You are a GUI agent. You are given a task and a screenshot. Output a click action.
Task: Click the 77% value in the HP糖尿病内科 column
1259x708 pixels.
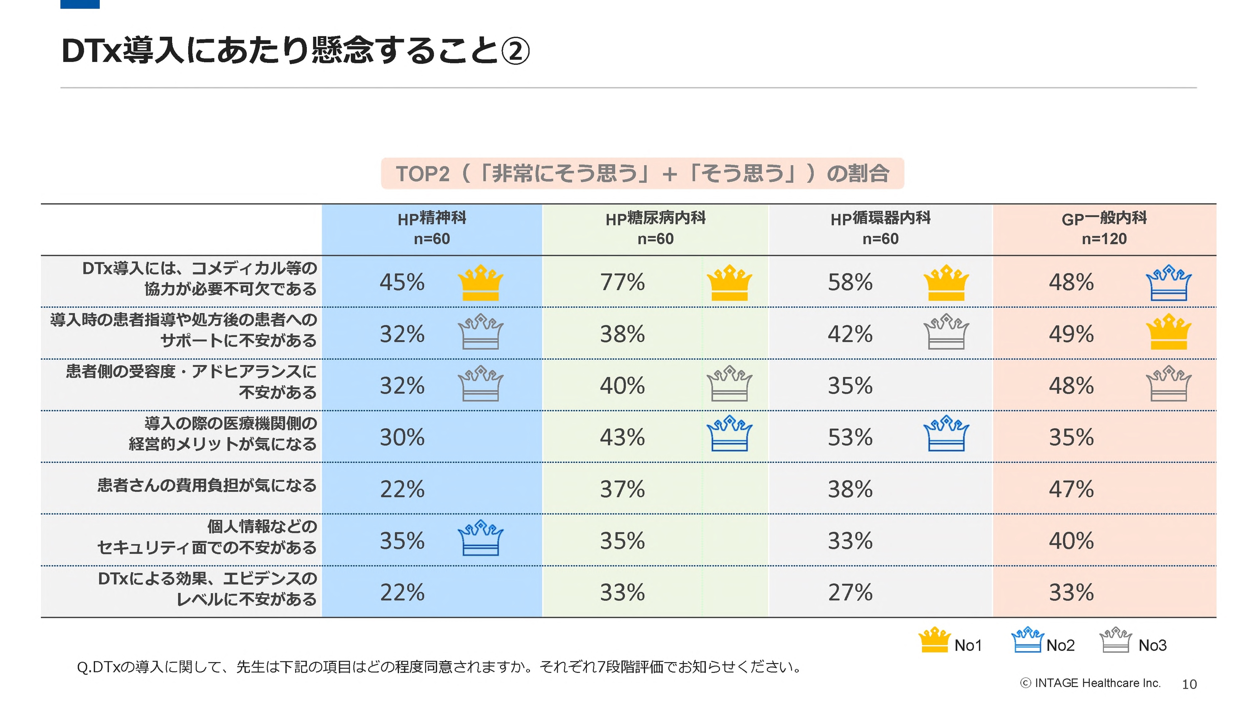622,282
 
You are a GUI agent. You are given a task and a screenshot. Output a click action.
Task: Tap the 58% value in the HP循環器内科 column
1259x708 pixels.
850,282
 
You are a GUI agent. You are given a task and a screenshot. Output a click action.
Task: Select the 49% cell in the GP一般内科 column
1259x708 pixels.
1071,334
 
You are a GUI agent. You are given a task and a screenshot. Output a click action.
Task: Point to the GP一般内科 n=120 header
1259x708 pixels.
1104,228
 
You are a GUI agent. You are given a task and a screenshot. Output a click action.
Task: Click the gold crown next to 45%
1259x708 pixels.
480,283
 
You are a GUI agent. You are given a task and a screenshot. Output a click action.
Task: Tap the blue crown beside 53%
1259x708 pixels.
946,433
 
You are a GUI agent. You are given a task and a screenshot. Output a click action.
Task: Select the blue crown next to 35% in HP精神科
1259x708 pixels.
480,538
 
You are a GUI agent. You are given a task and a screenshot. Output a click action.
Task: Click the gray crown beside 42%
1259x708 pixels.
946,332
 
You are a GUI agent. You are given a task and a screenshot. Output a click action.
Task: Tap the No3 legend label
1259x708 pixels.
1152,645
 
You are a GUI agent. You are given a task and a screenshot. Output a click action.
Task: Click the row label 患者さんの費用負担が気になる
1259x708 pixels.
207,486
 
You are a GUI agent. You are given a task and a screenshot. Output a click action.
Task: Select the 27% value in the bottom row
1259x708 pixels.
850,593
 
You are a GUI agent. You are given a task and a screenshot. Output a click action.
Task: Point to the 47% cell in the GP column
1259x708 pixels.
1071,489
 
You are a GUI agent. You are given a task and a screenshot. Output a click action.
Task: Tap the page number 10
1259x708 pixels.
1189,684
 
